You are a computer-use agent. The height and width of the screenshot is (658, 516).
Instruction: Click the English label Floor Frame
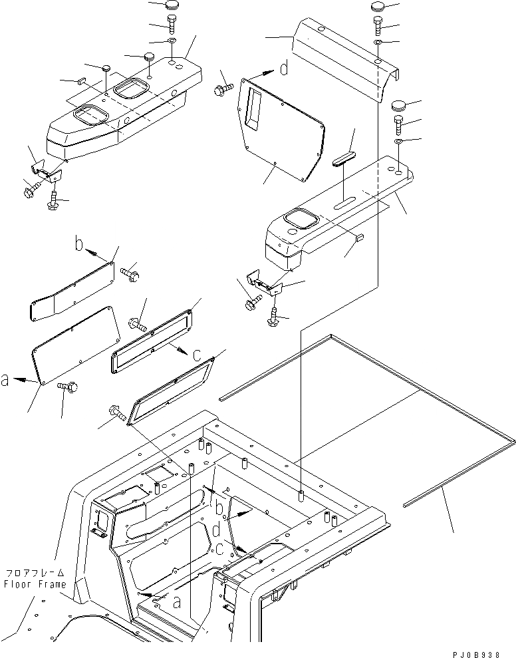pyautogui.click(x=35, y=585)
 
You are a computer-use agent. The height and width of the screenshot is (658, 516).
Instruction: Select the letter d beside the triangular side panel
pyautogui.click(x=284, y=69)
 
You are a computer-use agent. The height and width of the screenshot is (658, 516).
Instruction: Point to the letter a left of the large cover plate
pyautogui.click(x=5, y=379)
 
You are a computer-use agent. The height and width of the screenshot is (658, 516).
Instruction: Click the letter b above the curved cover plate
pyautogui.click(x=78, y=246)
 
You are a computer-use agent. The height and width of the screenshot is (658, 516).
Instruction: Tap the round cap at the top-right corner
pyautogui.click(x=376, y=6)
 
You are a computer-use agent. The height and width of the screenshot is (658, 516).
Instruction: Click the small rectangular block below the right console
pyautogui.click(x=360, y=238)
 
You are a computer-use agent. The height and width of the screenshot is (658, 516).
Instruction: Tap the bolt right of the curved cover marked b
pyautogui.click(x=128, y=271)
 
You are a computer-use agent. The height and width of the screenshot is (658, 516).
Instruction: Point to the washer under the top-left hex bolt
pyautogui.click(x=171, y=41)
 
